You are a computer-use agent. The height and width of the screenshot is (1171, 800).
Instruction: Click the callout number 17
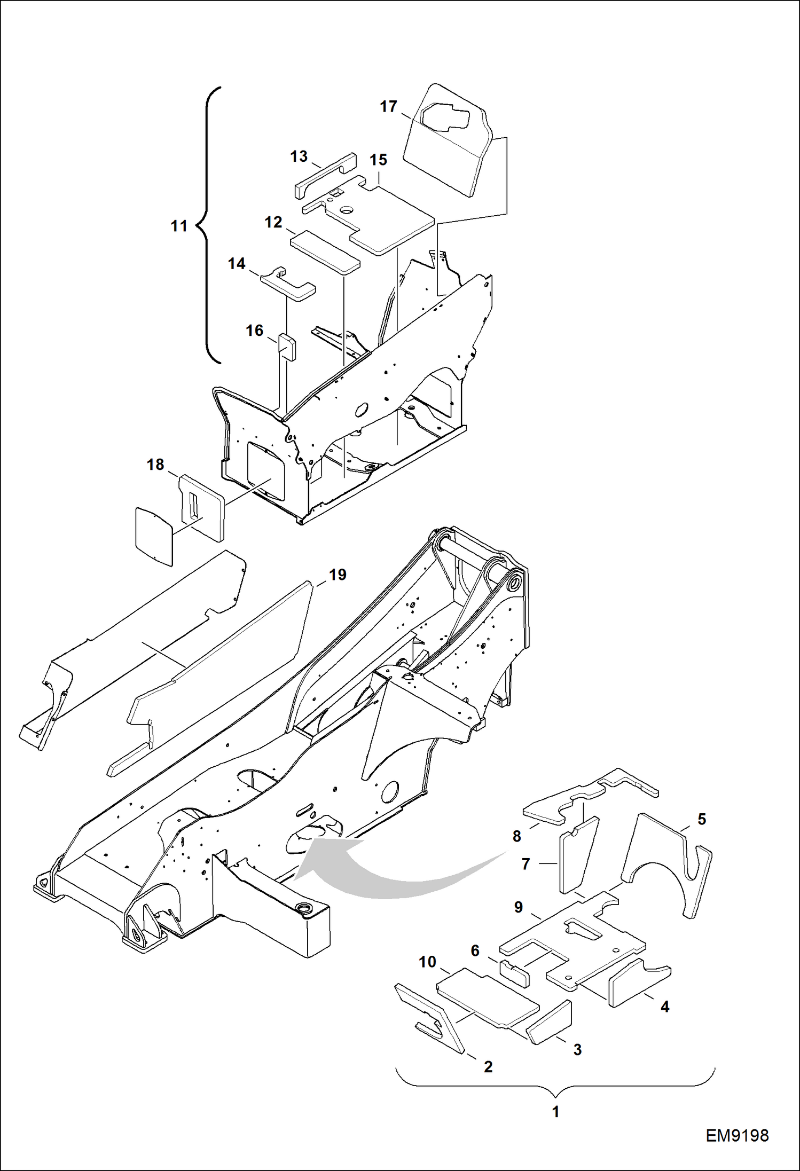[388, 107]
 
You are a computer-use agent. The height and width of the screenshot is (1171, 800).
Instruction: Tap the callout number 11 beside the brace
[179, 226]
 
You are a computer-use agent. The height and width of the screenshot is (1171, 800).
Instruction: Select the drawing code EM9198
[737, 1136]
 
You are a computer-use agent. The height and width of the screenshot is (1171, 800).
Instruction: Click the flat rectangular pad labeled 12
[325, 251]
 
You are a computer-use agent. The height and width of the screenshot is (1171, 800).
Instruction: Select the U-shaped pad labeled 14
[288, 286]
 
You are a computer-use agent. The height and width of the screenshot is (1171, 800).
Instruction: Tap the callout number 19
[338, 575]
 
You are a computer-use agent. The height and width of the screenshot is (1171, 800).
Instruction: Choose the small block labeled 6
[514, 972]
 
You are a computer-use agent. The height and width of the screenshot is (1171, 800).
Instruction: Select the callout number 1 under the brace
[555, 1112]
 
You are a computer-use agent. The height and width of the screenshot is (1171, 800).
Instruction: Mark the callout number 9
[518, 907]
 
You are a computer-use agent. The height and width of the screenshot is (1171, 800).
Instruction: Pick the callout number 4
[665, 1007]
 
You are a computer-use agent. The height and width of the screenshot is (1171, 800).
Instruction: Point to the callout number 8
[516, 836]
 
